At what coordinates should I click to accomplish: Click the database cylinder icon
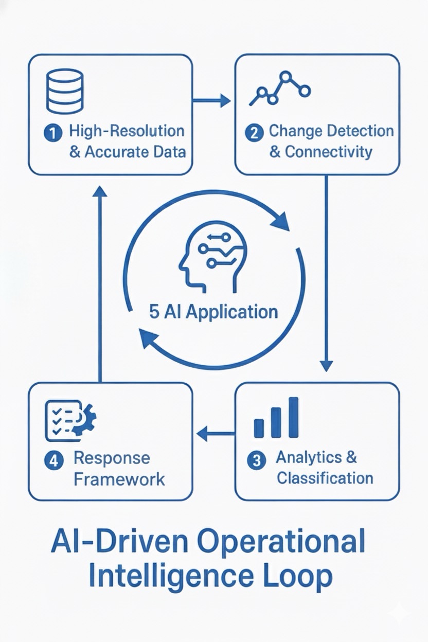[64, 91]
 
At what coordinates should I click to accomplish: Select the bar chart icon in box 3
[276, 418]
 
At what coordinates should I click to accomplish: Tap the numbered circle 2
[254, 133]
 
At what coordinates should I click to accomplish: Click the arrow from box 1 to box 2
[212, 101]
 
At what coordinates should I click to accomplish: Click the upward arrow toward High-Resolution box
[100, 283]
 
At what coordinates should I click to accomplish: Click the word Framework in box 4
[119, 479]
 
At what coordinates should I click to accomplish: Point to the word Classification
[325, 478]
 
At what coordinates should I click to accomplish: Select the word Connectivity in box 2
[328, 152]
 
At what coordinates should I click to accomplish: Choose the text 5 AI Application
[213, 312]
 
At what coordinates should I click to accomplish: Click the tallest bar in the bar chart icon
[293, 417]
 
